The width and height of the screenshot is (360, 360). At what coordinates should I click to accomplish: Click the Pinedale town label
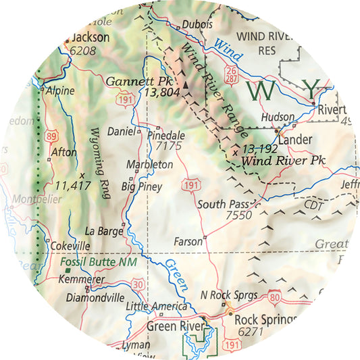[165, 135]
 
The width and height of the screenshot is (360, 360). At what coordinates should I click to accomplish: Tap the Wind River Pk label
[276, 161]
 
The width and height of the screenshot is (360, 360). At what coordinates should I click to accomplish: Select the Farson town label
[188, 240]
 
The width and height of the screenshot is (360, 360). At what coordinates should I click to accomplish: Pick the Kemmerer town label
[81, 279]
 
